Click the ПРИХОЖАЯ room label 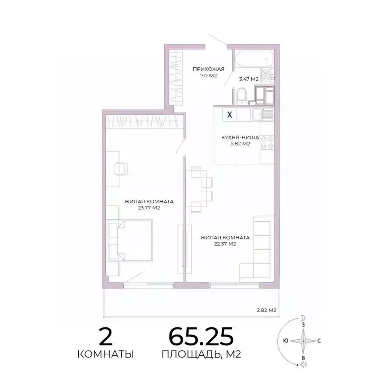(209, 69)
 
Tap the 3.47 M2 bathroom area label (248, 79)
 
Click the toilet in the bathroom (240, 95)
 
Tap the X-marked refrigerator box (229, 114)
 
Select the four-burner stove (267, 144)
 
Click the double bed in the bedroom (129, 241)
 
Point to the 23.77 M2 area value (149, 209)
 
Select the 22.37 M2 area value (225, 244)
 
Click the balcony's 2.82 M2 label (266, 310)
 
